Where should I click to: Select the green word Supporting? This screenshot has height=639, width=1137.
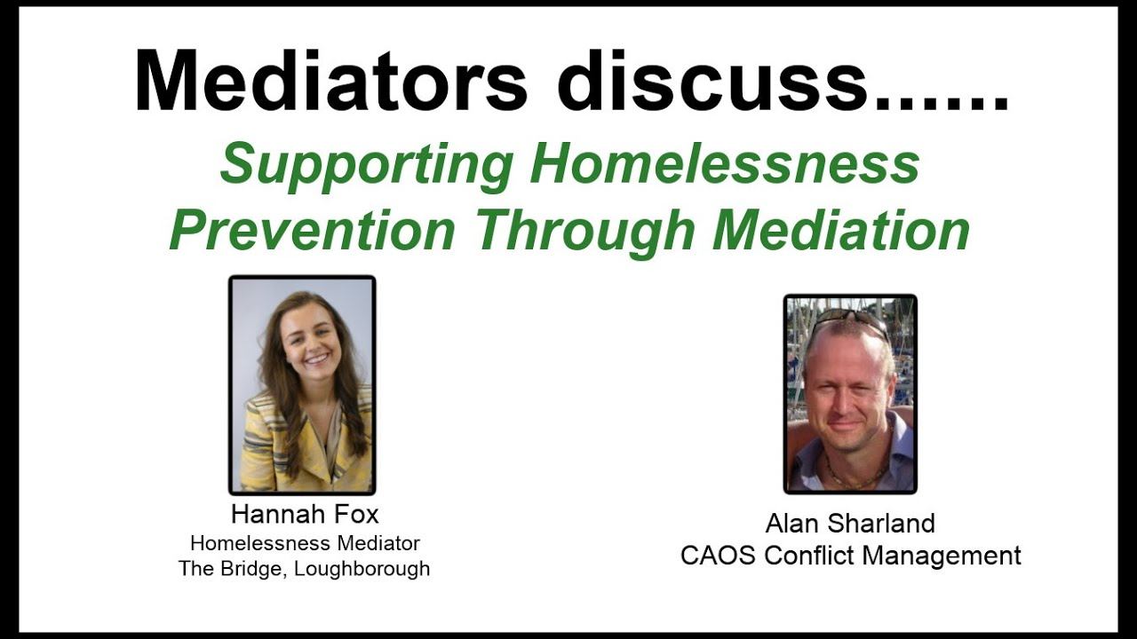tap(366, 166)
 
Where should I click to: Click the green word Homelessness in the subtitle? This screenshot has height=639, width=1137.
tap(724, 164)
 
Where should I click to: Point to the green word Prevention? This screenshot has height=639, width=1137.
tap(313, 231)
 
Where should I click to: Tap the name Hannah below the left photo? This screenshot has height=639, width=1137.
tap(274, 515)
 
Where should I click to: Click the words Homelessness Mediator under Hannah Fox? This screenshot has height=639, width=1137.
tap(305, 542)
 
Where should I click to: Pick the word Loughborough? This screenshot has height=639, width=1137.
tap(362, 569)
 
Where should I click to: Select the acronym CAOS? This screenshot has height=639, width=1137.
tap(719, 556)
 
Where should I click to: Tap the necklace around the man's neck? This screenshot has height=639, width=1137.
tap(850, 476)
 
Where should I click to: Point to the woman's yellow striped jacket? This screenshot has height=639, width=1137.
tap(266, 453)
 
